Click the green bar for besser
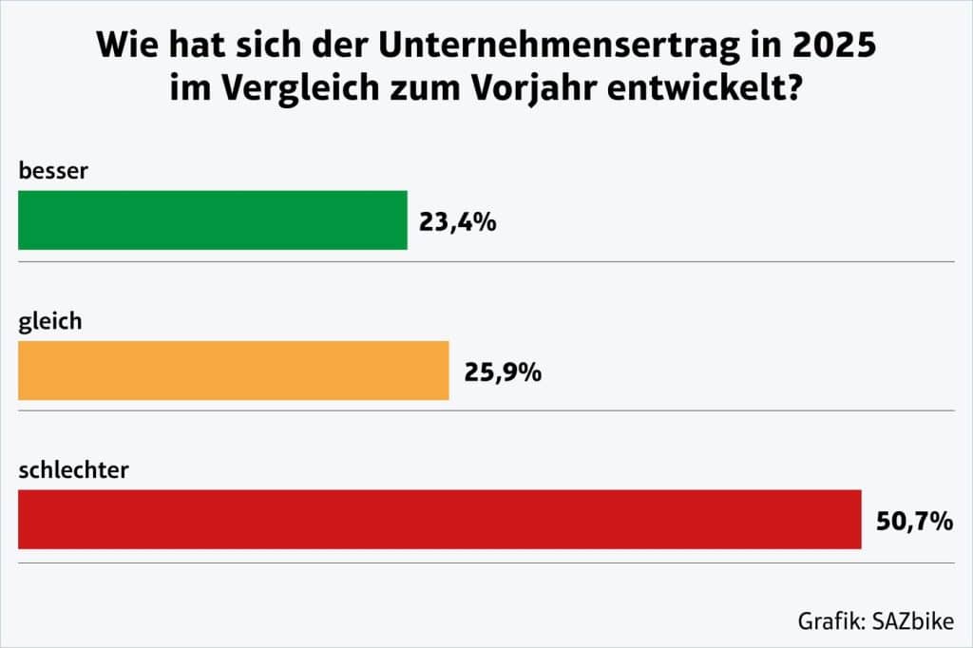click(212, 219)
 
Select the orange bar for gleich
click(233, 371)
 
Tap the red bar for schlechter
click(439, 519)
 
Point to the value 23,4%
click(458, 222)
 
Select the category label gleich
click(50, 321)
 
